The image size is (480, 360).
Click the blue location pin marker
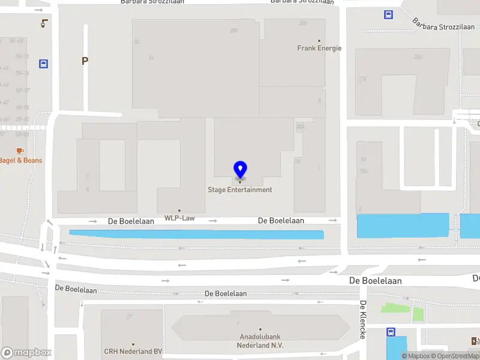[240, 170]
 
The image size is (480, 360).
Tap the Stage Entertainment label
[240, 190]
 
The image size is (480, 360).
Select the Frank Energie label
[319, 48]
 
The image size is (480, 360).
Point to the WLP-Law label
[179, 218]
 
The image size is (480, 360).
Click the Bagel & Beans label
[21, 160]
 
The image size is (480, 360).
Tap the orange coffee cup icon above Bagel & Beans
[20, 150]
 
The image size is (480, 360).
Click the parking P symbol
[85, 61]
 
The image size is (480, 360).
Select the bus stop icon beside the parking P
[43, 64]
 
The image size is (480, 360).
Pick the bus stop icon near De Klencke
[391, 332]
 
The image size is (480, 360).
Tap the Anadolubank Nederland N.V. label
[260, 341]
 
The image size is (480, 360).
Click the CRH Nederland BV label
[133, 352]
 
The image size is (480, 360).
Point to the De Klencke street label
[363, 320]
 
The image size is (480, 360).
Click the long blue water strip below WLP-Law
[196, 234]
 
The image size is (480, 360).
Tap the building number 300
[303, 23]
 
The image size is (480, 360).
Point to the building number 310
[418, 57]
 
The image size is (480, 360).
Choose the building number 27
[129, 316]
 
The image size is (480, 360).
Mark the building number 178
[362, 79]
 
